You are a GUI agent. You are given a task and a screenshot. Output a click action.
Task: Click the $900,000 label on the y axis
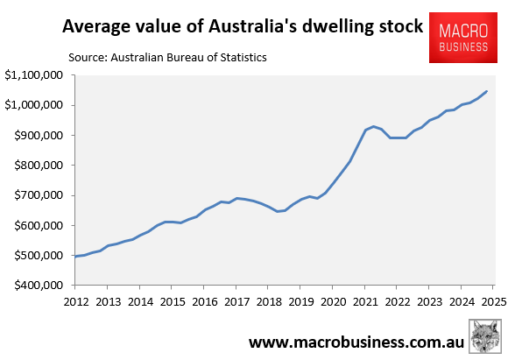(34, 136)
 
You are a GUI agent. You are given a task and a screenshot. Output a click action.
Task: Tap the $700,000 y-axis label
(34, 195)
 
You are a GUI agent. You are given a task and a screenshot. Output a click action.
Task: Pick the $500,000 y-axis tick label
(34, 256)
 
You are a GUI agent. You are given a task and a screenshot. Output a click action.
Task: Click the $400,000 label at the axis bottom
(34, 286)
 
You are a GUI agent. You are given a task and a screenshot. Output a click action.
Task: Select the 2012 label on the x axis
(75, 301)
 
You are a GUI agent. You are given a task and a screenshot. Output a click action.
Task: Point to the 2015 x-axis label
(172, 301)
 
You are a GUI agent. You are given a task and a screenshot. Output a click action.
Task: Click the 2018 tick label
(268, 301)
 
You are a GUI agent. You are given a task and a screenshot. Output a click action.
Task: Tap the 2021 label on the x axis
(364, 301)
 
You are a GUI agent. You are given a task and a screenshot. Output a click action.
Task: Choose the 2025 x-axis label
(492, 301)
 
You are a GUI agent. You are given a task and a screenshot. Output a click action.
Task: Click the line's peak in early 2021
(374, 126)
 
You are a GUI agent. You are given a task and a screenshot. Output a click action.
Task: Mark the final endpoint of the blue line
(487, 91)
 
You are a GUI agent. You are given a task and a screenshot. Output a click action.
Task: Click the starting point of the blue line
(75, 257)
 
